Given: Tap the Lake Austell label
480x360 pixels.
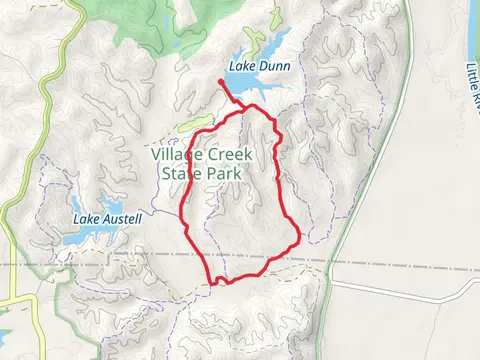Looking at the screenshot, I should (x=108, y=218).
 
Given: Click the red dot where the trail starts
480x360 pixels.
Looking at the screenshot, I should (x=220, y=82).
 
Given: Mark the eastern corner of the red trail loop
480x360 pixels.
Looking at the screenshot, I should (x=299, y=237).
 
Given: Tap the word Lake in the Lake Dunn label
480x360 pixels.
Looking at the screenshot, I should (x=240, y=66).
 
